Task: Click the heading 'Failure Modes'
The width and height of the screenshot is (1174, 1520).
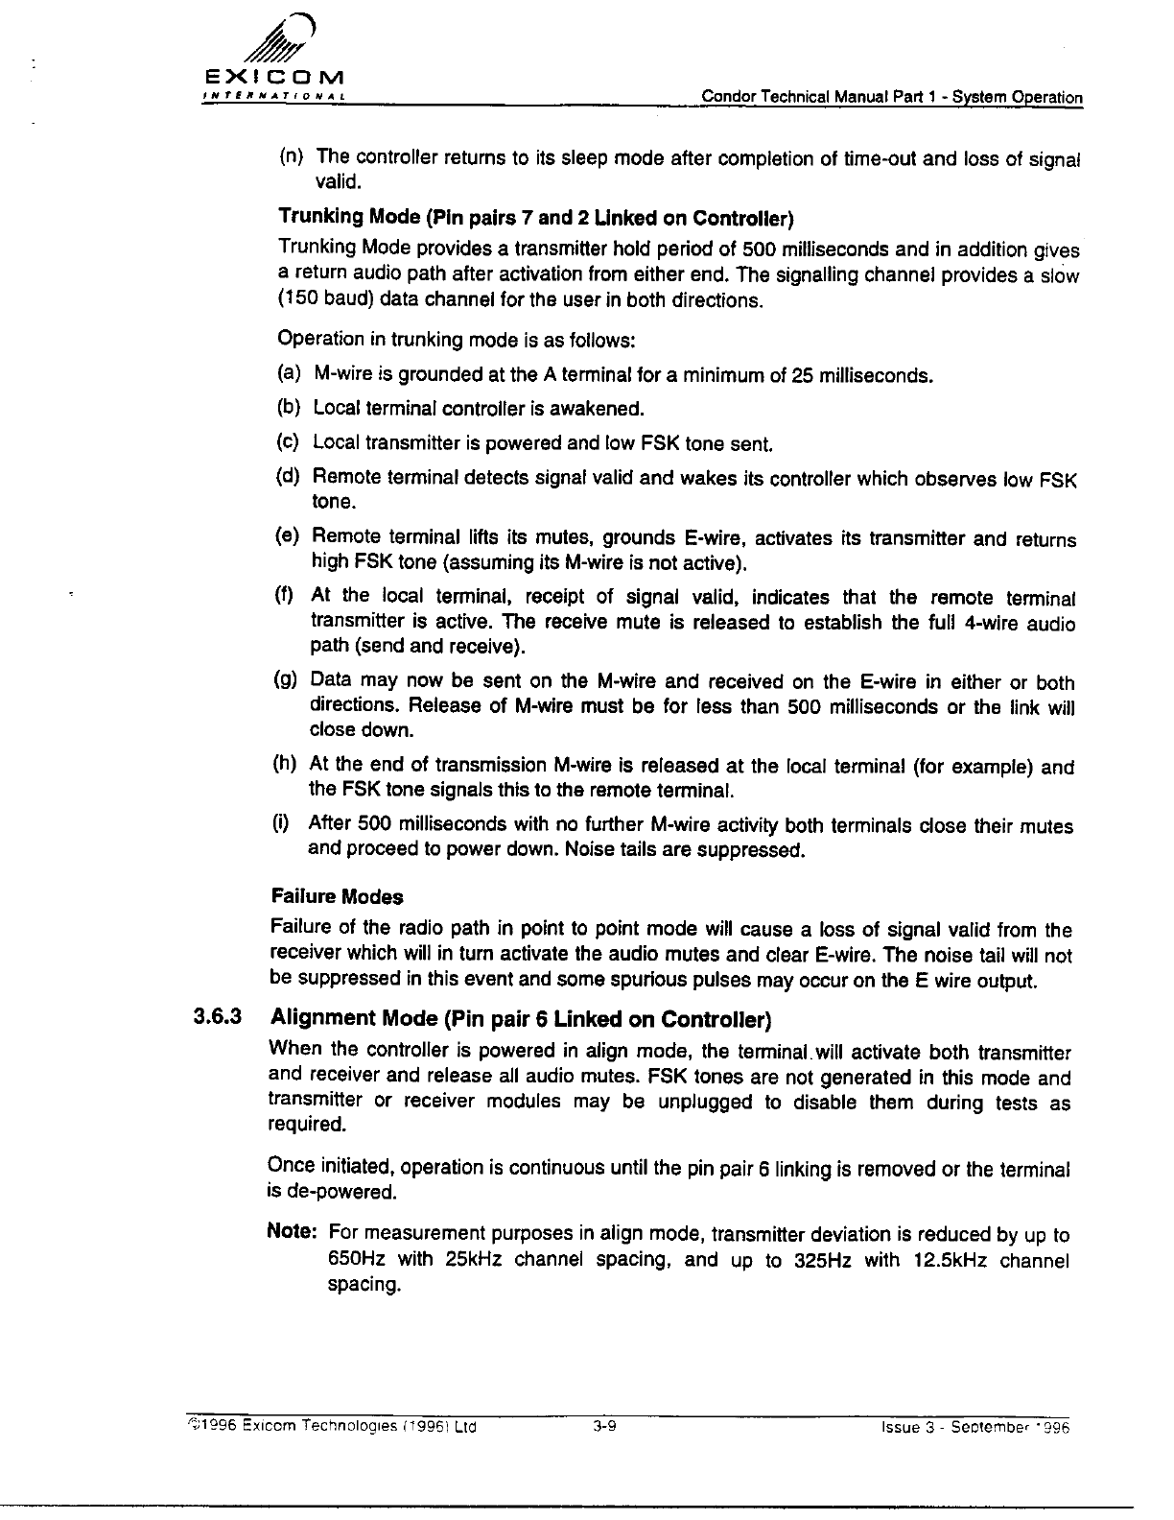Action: (338, 897)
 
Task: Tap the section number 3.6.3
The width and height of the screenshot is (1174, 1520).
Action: (218, 1015)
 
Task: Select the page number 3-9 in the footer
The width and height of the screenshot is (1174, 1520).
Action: (603, 1426)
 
